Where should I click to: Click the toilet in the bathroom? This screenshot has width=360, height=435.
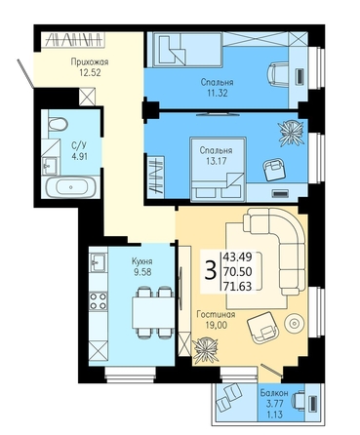click(x=58, y=124)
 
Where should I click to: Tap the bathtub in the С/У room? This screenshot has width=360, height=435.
click(x=71, y=187)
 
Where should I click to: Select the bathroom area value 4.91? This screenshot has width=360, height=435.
click(x=80, y=157)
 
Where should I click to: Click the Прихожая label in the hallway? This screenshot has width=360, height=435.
click(x=90, y=62)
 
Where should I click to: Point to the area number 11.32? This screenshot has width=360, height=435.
click(x=217, y=93)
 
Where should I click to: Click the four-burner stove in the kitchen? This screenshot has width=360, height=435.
click(x=98, y=300)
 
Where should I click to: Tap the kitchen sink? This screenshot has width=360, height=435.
click(x=98, y=262)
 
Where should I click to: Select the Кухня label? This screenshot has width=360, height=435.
click(x=142, y=261)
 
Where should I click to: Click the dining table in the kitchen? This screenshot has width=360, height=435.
click(x=152, y=312)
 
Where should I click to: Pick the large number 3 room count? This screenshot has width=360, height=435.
click(x=211, y=270)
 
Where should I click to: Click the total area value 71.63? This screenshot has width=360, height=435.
click(x=237, y=287)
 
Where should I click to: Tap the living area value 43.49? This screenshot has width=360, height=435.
click(x=237, y=257)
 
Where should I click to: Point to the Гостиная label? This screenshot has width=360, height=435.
click(x=217, y=315)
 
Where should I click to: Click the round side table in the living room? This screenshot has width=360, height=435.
click(x=295, y=323)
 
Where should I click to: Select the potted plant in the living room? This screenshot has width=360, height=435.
click(x=205, y=349)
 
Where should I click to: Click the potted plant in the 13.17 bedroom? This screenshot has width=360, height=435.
click(x=292, y=132)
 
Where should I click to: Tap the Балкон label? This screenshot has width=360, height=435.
click(x=274, y=393)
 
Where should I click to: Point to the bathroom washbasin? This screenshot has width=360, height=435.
click(x=50, y=166)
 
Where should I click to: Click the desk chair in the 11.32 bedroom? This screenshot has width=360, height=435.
click(x=277, y=75)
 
